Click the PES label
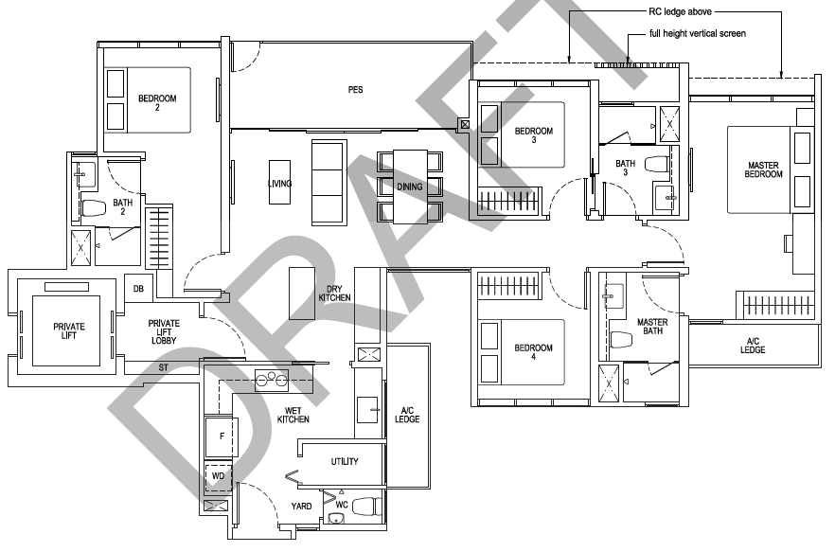point(355,90)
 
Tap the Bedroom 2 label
point(157,102)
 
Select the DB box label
point(138,289)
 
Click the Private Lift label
point(69,330)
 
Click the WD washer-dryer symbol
point(219,477)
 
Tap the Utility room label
point(345,461)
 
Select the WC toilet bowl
point(367,507)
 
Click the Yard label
point(301,506)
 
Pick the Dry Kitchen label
point(334,294)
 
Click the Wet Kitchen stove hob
point(272,380)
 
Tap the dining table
point(410,187)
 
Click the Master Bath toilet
point(621,339)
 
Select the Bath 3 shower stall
point(669,124)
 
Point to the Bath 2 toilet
point(94,207)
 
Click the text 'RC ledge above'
point(680,11)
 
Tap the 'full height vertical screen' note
point(697,33)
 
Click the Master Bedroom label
point(763,169)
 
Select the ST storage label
point(164,367)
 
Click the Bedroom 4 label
point(533,352)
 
